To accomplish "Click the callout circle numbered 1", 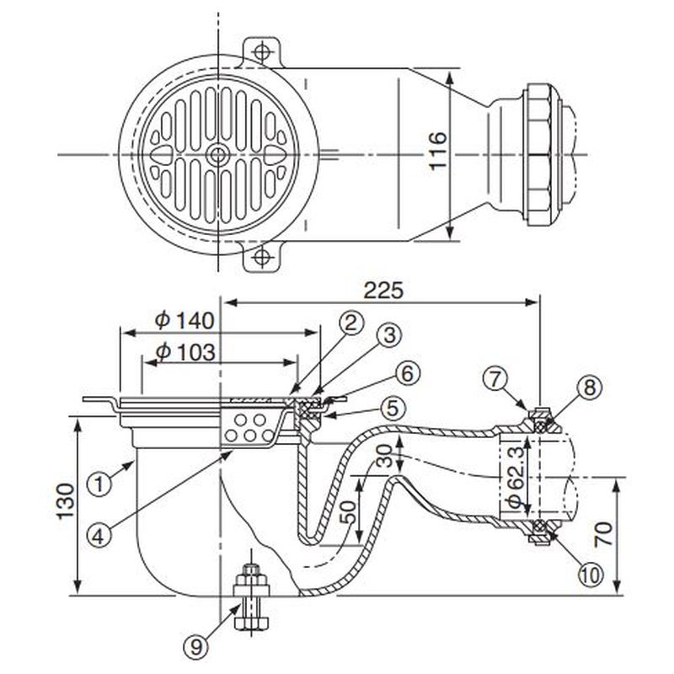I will pyautogui.click(x=99, y=484).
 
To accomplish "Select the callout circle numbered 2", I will pyautogui.click(x=350, y=321).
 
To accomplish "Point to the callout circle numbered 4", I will pyautogui.click(x=99, y=533).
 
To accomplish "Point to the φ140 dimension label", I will pyautogui.click(x=186, y=320).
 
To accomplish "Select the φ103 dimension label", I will pyautogui.click(x=186, y=350).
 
